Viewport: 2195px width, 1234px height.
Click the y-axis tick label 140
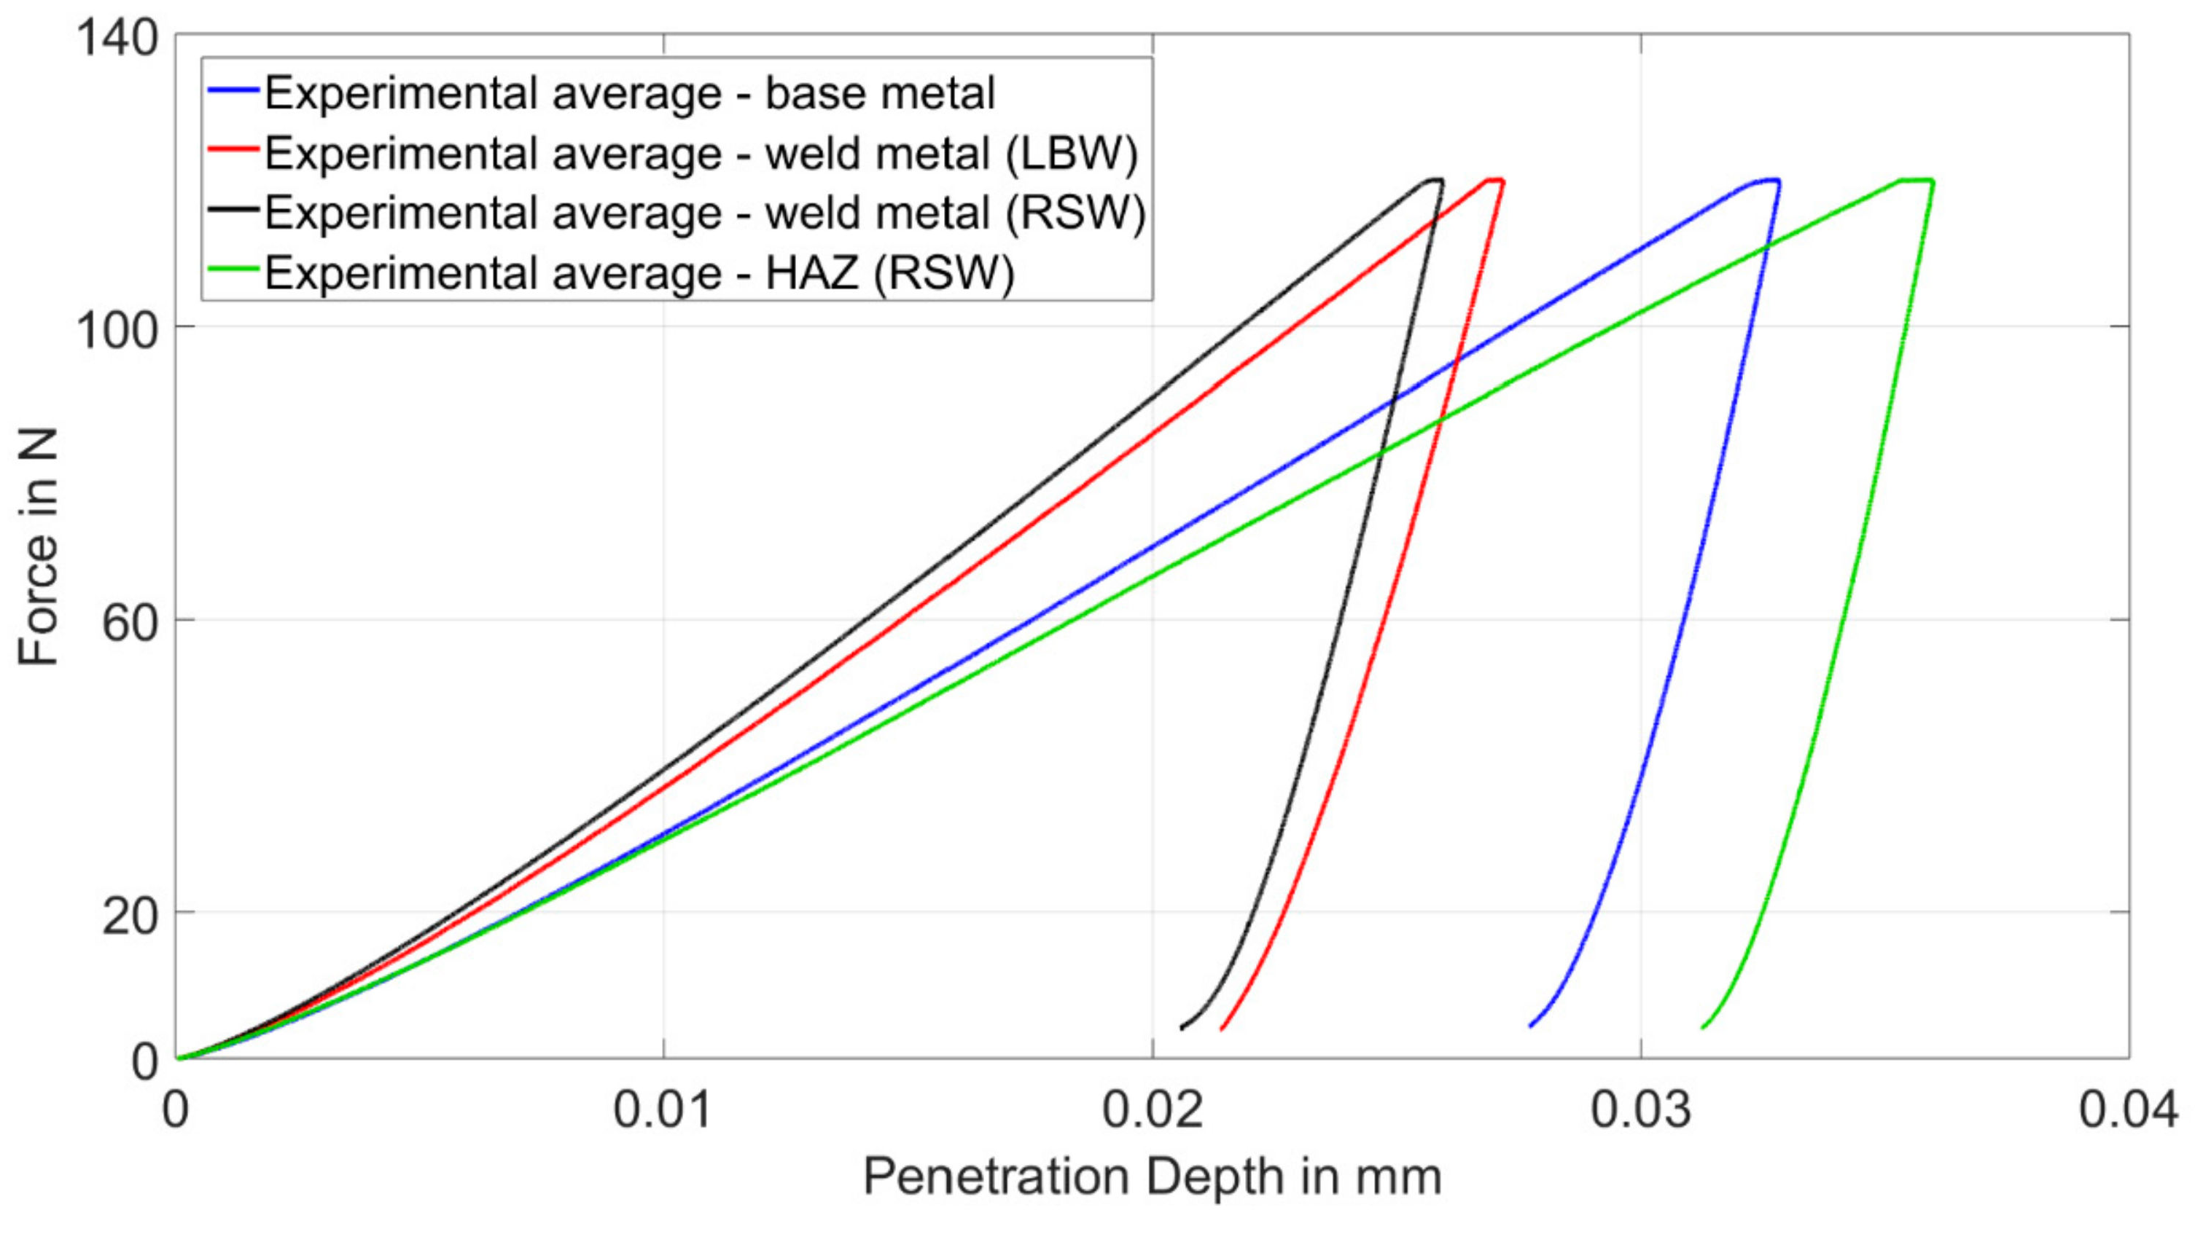tap(117, 39)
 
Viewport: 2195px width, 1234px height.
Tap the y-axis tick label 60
tap(130, 624)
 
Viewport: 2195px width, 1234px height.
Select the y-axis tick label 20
tap(130, 916)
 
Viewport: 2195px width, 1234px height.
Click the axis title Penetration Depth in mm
tap(1152, 1178)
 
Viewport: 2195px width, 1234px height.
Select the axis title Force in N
tap(39, 547)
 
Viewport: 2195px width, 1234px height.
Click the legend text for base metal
tap(629, 93)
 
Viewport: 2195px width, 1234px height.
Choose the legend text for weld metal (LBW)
tap(701, 153)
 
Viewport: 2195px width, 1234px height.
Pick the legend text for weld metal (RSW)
tap(703, 213)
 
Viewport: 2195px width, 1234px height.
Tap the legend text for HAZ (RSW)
tap(639, 272)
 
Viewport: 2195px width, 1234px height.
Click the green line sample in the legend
tap(233, 269)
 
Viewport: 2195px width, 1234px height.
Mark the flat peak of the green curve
tap(1917, 181)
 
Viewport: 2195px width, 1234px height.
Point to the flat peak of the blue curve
tap(1766, 181)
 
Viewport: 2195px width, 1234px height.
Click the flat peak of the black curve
tap(1434, 180)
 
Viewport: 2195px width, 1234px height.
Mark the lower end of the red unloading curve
tap(1222, 1029)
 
